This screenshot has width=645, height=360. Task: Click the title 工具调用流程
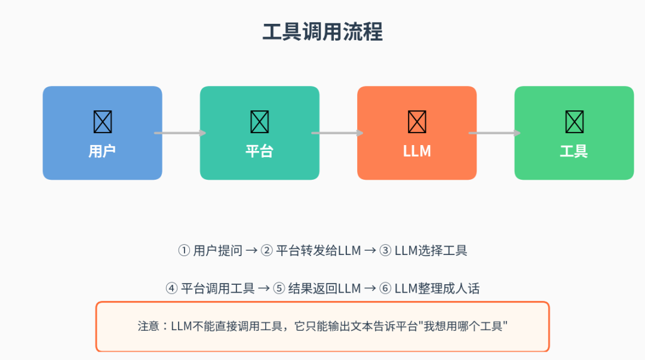(322, 32)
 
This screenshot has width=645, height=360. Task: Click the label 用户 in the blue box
(102, 151)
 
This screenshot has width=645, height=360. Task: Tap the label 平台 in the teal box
(259, 151)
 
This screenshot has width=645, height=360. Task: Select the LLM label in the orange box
(417, 151)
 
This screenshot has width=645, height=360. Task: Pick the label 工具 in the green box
(574, 151)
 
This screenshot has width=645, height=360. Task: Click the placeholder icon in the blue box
(102, 122)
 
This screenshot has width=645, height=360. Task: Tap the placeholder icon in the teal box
(259, 122)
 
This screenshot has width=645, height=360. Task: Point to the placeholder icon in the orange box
(417, 122)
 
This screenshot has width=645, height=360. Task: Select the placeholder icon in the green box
(574, 122)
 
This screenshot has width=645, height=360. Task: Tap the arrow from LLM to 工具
(494, 133)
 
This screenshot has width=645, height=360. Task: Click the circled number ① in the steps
(183, 251)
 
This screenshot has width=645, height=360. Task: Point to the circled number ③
(385, 251)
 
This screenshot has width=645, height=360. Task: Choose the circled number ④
(171, 289)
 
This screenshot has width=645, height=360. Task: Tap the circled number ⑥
(385, 289)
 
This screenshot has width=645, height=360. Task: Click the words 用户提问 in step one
(217, 251)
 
